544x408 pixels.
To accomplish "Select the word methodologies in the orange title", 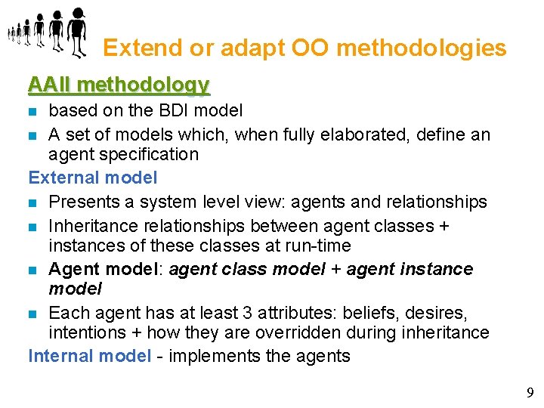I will tap(421, 48).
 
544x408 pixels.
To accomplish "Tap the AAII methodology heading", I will tap(119, 85).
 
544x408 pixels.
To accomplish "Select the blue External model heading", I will tap(93, 178).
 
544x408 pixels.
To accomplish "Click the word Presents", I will tap(82, 202).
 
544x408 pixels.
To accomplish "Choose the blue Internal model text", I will tap(90, 356).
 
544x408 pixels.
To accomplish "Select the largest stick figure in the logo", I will tap(77, 32).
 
